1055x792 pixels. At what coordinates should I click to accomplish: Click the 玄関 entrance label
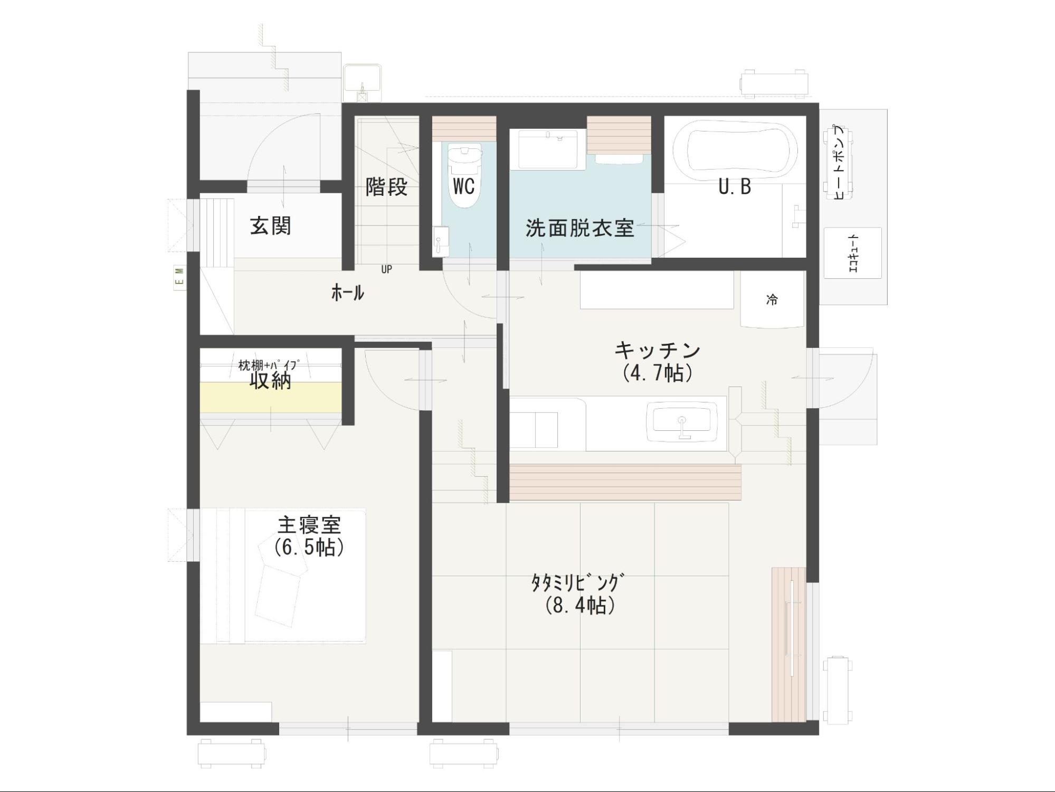tap(270, 226)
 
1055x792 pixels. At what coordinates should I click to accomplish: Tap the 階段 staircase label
tap(387, 186)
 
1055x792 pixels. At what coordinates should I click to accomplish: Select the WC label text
tap(463, 186)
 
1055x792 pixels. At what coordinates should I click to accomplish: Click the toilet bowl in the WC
tap(464, 174)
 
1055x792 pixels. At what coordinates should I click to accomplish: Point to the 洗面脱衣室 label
tap(579, 228)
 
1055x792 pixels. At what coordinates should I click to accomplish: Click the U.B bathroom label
tap(735, 186)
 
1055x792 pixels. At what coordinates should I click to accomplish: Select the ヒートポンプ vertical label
tap(839, 162)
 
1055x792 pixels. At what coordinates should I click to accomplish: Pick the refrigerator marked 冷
tap(772, 299)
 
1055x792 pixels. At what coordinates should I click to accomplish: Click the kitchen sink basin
tap(682, 421)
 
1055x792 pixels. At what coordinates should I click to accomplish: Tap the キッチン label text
tap(658, 350)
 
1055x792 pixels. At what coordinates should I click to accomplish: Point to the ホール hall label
tap(347, 292)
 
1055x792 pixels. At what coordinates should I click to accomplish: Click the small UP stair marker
tap(387, 269)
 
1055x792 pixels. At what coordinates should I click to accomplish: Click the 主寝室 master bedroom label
tap(309, 525)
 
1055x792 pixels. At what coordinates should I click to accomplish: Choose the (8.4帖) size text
tap(581, 605)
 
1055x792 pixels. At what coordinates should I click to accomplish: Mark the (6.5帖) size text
tap(309, 548)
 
